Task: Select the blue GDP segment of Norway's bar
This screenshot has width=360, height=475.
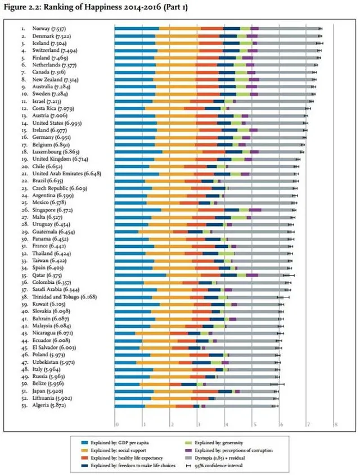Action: (x=137, y=28)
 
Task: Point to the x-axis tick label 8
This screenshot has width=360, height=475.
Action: (x=335, y=424)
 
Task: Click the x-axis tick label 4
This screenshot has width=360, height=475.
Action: (x=226, y=424)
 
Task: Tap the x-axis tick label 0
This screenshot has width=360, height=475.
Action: (x=116, y=424)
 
